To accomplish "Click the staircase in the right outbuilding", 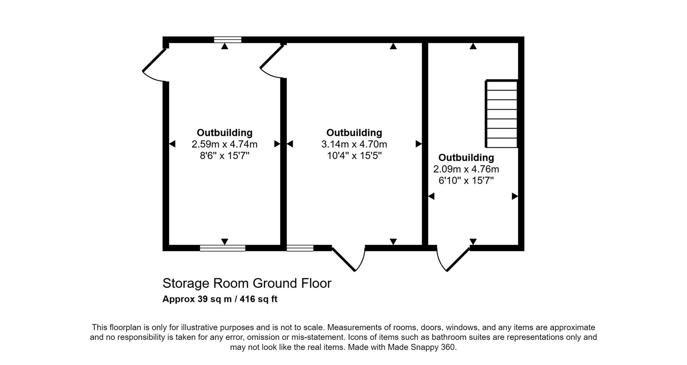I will pos(502,114).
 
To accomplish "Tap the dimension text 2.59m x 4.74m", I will pos(224,144).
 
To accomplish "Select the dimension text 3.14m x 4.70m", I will pos(354,144).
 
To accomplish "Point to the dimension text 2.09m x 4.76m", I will pos(466,169).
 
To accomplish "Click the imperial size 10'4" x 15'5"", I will pos(354,156).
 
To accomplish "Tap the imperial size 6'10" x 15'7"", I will pos(466,180).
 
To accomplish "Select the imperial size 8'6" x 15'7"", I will pos(224,156).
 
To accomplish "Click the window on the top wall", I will pos(228,40).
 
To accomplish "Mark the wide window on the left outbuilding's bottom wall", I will pos(223,248).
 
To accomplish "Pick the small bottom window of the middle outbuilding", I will pos(300,248).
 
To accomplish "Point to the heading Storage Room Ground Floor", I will pos(247,283).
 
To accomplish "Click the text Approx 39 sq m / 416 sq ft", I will pos(220,299).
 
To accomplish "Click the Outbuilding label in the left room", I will pos(224,133).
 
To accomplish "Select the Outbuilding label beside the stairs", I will pos(466,157).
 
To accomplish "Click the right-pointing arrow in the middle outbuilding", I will pos(418,144).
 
